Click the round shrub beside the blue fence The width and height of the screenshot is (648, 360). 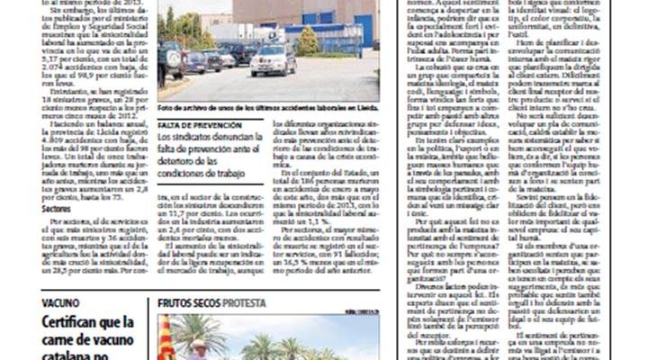point(308,40)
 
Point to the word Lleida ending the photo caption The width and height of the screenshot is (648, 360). point(367,107)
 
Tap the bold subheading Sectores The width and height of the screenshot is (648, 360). point(56,209)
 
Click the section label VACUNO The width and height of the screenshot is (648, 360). point(60,304)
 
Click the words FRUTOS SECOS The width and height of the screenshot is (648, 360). point(188,304)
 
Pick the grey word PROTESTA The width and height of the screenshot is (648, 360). point(244,304)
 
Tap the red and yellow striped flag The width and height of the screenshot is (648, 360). point(165,338)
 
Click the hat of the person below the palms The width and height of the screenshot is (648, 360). point(197,344)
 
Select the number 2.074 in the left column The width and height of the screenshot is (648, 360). point(57,67)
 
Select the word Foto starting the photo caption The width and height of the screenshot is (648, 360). point(166,107)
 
